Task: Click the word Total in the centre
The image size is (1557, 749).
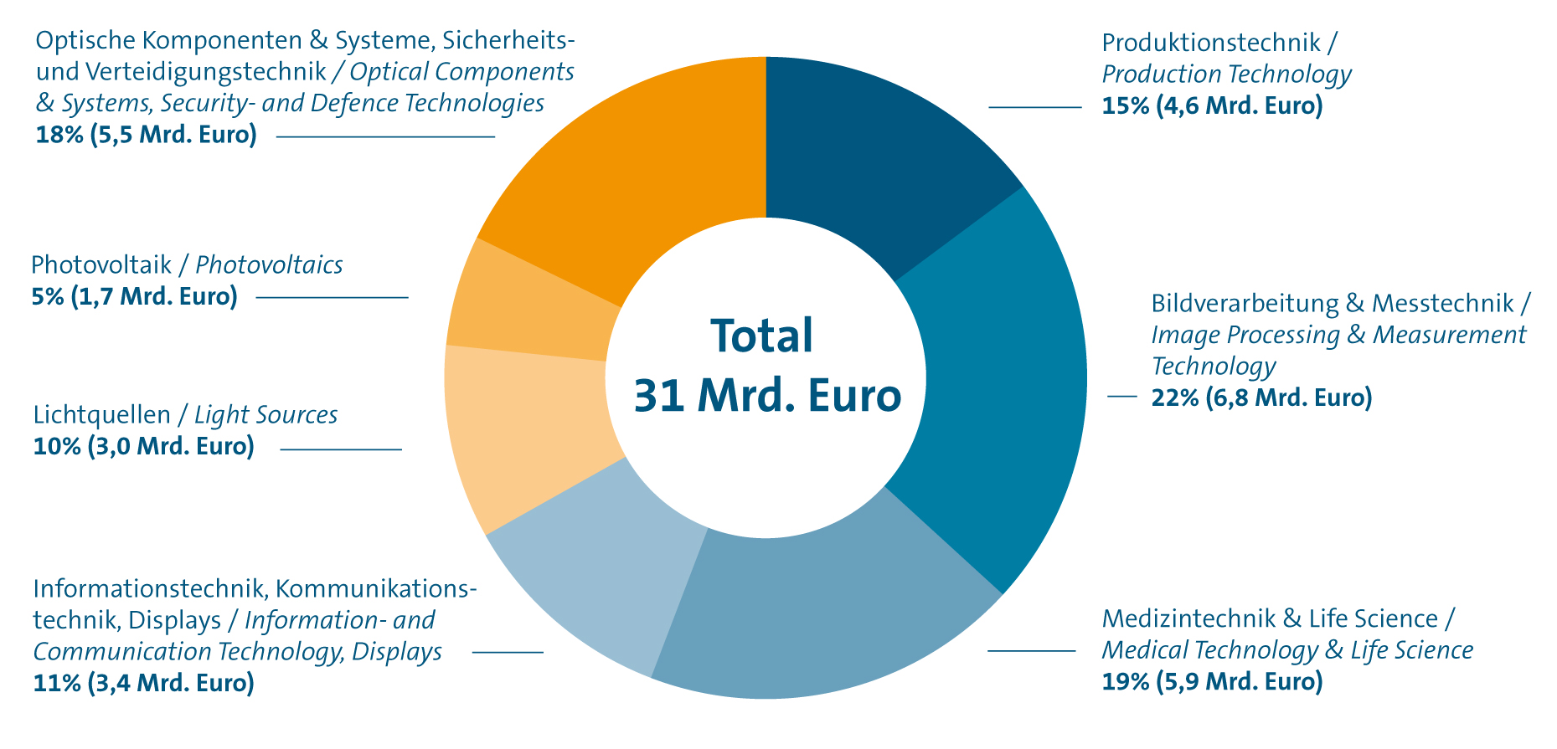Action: pyautogui.click(x=761, y=336)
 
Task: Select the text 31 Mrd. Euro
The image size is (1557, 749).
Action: pyautogui.click(x=767, y=396)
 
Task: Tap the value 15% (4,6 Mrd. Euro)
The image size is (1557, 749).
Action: pyautogui.click(x=1212, y=106)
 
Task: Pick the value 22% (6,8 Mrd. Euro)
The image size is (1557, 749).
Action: pyautogui.click(x=1261, y=398)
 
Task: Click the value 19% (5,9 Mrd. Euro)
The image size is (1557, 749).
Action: pyautogui.click(x=1212, y=682)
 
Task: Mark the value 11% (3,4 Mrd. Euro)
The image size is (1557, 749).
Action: pyautogui.click(x=143, y=684)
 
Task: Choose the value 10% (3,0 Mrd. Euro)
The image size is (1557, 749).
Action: pyautogui.click(x=143, y=446)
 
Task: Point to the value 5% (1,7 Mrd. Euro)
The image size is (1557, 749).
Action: pyautogui.click(x=134, y=296)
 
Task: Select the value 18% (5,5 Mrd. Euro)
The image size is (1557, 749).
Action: pyautogui.click(x=146, y=135)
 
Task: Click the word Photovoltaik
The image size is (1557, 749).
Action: pyautogui.click(x=101, y=265)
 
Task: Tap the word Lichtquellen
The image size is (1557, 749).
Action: pyautogui.click(x=101, y=415)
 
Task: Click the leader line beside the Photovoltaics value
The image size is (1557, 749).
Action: pyautogui.click(x=332, y=297)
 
